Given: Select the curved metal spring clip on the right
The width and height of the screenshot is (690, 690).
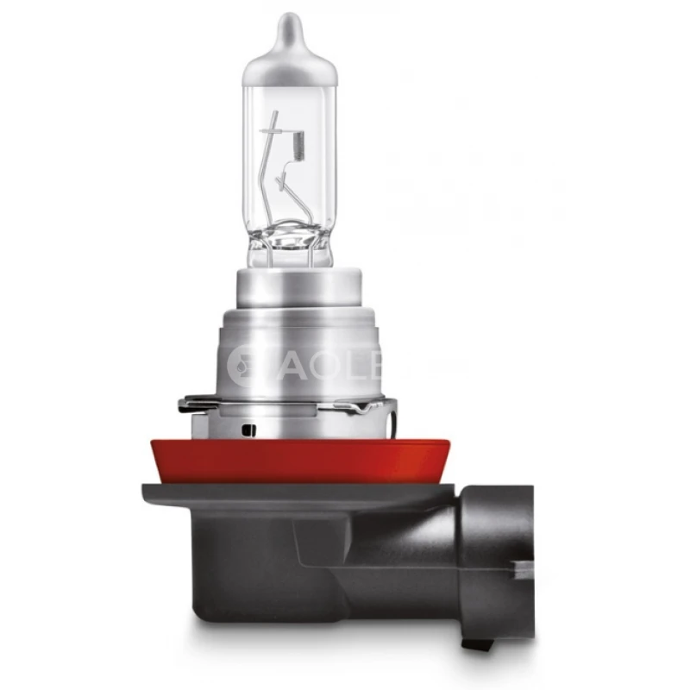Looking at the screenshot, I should click(385, 405).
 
